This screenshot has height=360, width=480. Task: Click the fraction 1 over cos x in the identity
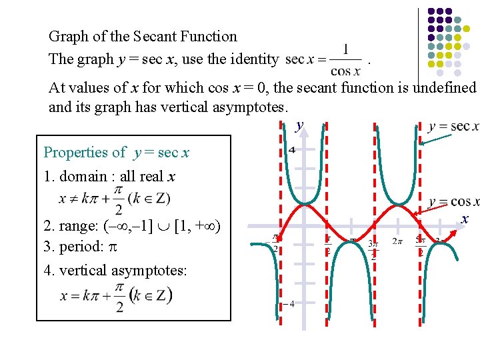345,60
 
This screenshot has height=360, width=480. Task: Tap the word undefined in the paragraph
445,88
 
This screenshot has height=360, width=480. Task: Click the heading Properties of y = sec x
116,153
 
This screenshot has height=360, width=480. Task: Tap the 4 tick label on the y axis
291,149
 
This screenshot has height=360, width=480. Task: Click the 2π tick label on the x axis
397,241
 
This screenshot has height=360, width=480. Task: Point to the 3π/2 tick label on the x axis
374,248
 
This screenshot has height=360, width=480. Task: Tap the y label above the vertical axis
299,125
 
